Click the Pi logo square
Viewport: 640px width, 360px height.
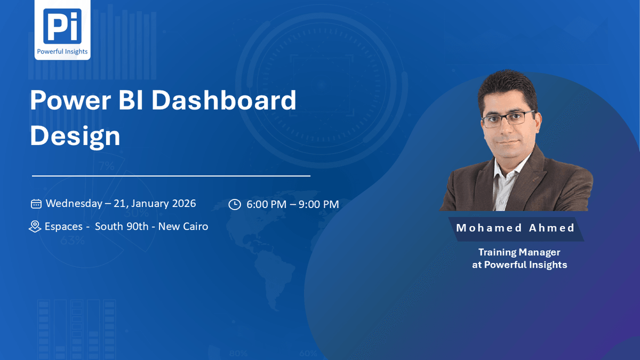tap(62, 26)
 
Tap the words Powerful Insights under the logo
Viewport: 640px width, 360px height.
tap(62, 51)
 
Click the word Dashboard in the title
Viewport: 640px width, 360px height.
tap(223, 100)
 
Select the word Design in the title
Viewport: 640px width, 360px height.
tap(75, 137)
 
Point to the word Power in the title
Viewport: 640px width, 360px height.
tap(70, 100)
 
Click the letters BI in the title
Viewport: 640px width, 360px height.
tap(131, 100)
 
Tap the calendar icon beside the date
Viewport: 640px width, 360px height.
tap(36, 204)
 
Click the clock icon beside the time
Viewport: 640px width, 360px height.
tap(235, 205)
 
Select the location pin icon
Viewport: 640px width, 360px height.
tap(35, 227)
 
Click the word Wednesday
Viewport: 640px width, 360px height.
tap(74, 203)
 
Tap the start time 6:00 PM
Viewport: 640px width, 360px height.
tap(266, 204)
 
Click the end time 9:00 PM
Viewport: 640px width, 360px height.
tap(319, 204)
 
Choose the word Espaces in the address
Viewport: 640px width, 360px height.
tap(63, 227)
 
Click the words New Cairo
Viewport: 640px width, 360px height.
tap(183, 226)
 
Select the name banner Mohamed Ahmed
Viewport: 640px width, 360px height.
tap(516, 229)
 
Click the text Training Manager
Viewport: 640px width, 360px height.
tap(519, 252)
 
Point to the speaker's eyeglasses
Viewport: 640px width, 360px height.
tap(508, 118)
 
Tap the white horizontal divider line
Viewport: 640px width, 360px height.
tap(171, 176)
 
